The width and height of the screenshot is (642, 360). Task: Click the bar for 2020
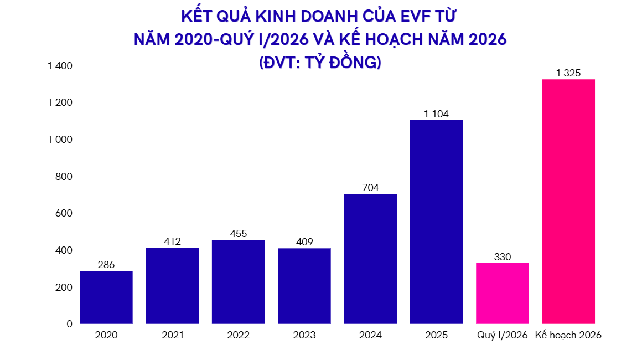pyautogui.click(x=106, y=297)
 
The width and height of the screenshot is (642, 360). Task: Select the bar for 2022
pyautogui.click(x=238, y=282)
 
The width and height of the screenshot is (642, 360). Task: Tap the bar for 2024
pyautogui.click(x=370, y=259)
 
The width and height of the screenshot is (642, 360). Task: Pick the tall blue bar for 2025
pyautogui.click(x=436, y=222)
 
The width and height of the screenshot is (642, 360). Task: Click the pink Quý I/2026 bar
pyautogui.click(x=502, y=294)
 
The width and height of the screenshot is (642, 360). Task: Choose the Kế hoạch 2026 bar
pyautogui.click(x=568, y=202)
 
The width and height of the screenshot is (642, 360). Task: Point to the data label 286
pyautogui.click(x=106, y=265)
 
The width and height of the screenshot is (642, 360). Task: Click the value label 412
pyautogui.click(x=172, y=241)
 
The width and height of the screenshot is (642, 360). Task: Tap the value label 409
pyautogui.click(x=304, y=242)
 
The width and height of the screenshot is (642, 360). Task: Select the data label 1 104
pyautogui.click(x=436, y=114)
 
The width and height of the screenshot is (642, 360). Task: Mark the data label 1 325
pyautogui.click(x=568, y=73)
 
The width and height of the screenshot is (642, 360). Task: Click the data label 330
pyautogui.click(x=502, y=257)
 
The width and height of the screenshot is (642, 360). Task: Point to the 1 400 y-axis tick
pyautogui.click(x=60, y=66)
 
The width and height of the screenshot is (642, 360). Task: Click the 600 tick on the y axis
pyautogui.click(x=65, y=213)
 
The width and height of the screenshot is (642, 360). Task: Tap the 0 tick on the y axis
pyautogui.click(x=70, y=324)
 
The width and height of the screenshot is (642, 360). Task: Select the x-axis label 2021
pyautogui.click(x=172, y=335)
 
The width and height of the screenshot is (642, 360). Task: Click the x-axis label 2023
pyautogui.click(x=304, y=335)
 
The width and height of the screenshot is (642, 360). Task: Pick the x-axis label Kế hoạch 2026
pyautogui.click(x=568, y=335)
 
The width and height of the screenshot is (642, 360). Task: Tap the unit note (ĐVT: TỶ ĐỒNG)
pyautogui.click(x=320, y=62)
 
